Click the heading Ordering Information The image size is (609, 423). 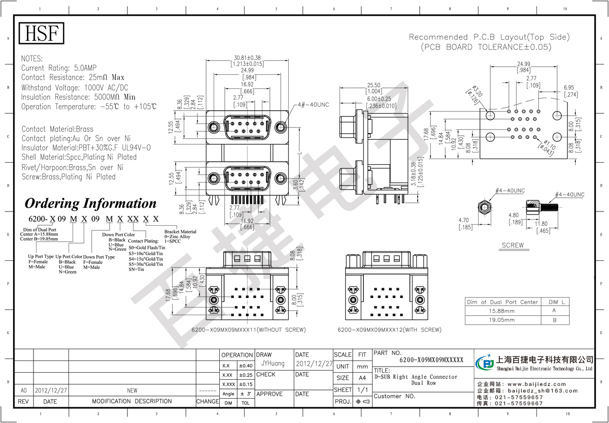(x=91, y=203)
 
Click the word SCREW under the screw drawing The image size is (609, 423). (x=512, y=245)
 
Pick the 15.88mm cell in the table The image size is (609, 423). (x=501, y=311)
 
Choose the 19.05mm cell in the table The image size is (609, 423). (x=501, y=320)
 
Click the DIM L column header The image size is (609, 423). (x=555, y=301)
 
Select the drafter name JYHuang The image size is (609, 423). (x=273, y=364)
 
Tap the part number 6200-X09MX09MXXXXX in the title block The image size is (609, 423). (x=431, y=359)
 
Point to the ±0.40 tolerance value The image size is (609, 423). (x=245, y=366)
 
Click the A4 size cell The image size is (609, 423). (x=362, y=378)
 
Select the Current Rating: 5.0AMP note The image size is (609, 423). (x=59, y=68)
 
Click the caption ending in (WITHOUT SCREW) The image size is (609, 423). (x=248, y=330)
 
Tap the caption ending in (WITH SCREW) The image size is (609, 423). (x=389, y=330)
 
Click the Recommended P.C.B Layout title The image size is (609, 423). (x=489, y=37)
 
